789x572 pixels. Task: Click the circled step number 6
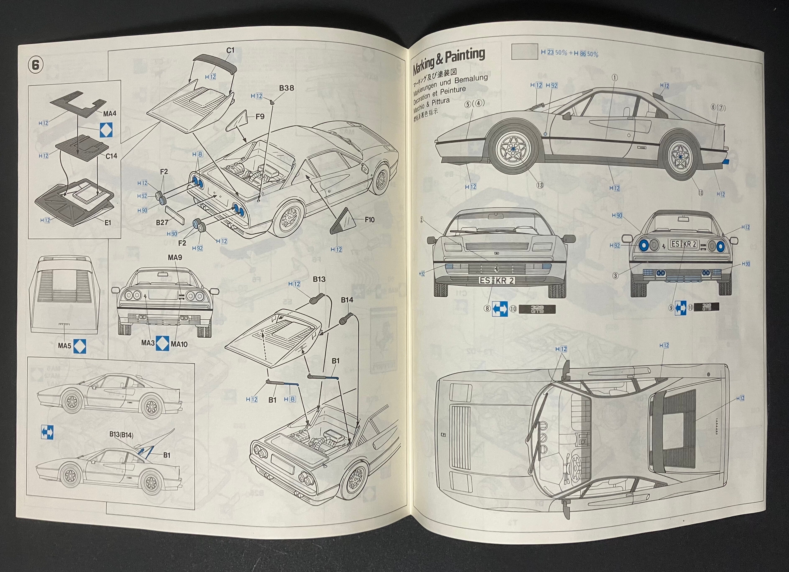(x=35, y=65)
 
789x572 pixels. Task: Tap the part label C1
(x=230, y=50)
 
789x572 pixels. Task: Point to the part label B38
(x=286, y=88)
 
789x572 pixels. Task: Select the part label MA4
(x=110, y=113)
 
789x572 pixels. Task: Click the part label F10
(x=370, y=220)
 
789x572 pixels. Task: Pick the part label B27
(x=162, y=222)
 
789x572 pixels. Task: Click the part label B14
(x=347, y=300)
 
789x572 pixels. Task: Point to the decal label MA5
(x=64, y=346)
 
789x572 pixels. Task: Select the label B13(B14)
(x=121, y=435)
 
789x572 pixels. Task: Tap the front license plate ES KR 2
(x=497, y=280)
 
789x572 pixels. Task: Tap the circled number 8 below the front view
(x=487, y=308)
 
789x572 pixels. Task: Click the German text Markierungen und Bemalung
(x=450, y=86)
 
